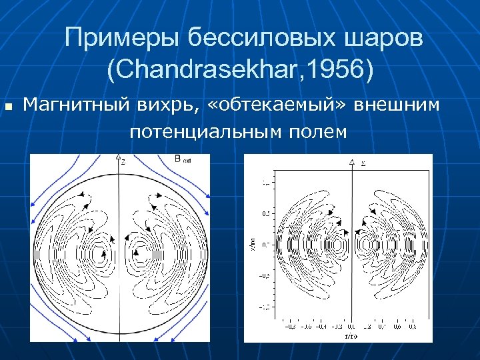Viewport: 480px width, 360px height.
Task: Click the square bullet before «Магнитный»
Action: (9, 106)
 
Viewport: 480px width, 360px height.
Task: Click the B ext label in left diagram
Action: (181, 159)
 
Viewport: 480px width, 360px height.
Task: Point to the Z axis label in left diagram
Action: (123, 160)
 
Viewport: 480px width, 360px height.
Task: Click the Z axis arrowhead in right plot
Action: (352, 162)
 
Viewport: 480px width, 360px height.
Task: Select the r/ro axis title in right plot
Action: (351, 336)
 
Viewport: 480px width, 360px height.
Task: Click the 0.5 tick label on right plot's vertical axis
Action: (266, 213)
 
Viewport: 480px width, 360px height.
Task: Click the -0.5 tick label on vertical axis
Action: (265, 275)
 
